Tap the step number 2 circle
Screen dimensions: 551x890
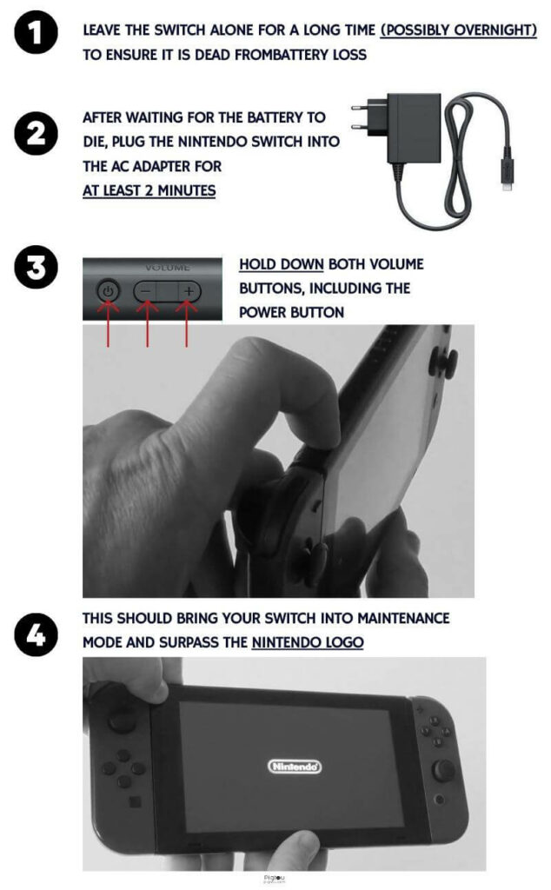pos(36,133)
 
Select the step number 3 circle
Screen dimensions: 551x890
pos(36,267)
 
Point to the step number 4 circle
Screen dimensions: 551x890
pos(36,634)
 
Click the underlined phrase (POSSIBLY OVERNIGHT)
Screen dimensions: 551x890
pos(459,30)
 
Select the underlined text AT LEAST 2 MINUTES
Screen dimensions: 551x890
pos(149,190)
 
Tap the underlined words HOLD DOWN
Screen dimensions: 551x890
pos(282,264)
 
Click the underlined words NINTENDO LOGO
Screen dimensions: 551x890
pos(308,642)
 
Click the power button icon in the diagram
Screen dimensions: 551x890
pos(108,292)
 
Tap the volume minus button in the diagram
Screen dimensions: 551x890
pos(146,292)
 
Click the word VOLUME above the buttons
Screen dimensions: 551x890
pos(168,268)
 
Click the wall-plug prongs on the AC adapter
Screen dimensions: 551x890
pos(360,117)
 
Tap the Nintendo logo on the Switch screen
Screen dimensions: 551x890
pos(295,767)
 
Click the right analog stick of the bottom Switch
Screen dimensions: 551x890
pos(443,771)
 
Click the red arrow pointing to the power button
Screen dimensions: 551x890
pos(108,323)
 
